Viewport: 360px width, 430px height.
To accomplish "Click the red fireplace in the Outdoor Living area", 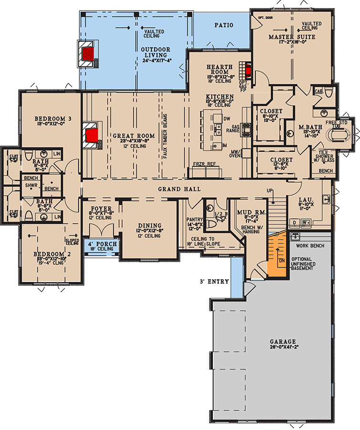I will pos(87,53).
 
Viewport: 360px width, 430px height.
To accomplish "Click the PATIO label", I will pos(223,25).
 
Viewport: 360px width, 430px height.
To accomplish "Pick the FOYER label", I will pos(101,209).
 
